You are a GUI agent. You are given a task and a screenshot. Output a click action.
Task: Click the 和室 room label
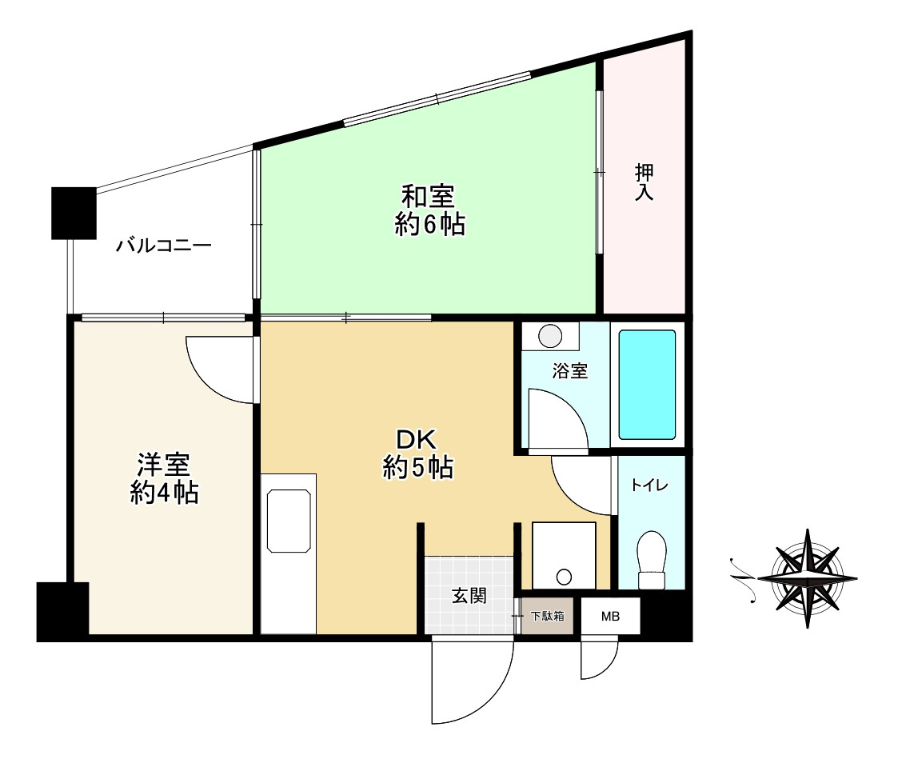[428, 195]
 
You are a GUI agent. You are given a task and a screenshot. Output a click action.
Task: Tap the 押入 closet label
[644, 182]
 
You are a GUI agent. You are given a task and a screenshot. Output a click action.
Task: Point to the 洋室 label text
[163, 464]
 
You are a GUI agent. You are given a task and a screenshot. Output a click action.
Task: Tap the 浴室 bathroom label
[570, 371]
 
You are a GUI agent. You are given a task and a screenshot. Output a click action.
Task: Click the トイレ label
[649, 485]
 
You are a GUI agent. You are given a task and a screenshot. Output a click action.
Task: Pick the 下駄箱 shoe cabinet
[547, 617]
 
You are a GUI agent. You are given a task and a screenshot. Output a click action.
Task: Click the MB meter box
[610, 617]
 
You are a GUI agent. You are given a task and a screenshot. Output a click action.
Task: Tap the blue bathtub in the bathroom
[648, 384]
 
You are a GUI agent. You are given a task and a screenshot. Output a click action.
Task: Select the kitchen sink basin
[288, 521]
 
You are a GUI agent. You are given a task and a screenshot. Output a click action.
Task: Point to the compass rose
[806, 577]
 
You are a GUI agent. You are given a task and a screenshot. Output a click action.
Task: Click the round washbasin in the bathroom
[549, 336]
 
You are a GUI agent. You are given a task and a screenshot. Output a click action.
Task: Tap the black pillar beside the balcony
[73, 213]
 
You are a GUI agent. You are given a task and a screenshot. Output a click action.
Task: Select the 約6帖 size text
[429, 226]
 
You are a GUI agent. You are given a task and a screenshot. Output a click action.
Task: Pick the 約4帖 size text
[165, 493]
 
